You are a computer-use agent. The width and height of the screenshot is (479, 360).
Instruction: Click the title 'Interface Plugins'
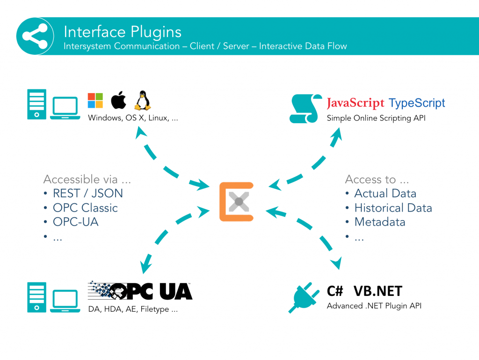[123, 32]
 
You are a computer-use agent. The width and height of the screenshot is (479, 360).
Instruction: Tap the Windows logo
[95, 100]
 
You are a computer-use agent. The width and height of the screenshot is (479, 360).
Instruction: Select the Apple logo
[118, 100]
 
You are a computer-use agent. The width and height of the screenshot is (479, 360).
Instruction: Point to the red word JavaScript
[356, 103]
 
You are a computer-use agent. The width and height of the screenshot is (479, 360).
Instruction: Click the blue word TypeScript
[417, 103]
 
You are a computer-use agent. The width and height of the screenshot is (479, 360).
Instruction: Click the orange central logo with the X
[237, 202]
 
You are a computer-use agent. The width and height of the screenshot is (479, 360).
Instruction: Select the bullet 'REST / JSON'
[87, 193]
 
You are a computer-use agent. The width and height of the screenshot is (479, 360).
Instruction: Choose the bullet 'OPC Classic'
[85, 208]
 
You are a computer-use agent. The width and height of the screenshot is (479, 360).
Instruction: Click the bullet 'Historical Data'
[393, 208]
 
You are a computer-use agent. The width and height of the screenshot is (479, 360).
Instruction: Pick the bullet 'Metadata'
[379, 222]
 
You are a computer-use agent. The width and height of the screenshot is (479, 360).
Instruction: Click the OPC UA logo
[140, 291]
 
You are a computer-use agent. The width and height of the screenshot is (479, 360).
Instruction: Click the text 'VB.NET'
[377, 291]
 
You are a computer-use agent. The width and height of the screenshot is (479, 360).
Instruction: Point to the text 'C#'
[335, 291]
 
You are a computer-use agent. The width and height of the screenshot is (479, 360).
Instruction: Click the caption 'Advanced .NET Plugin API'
[374, 306]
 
